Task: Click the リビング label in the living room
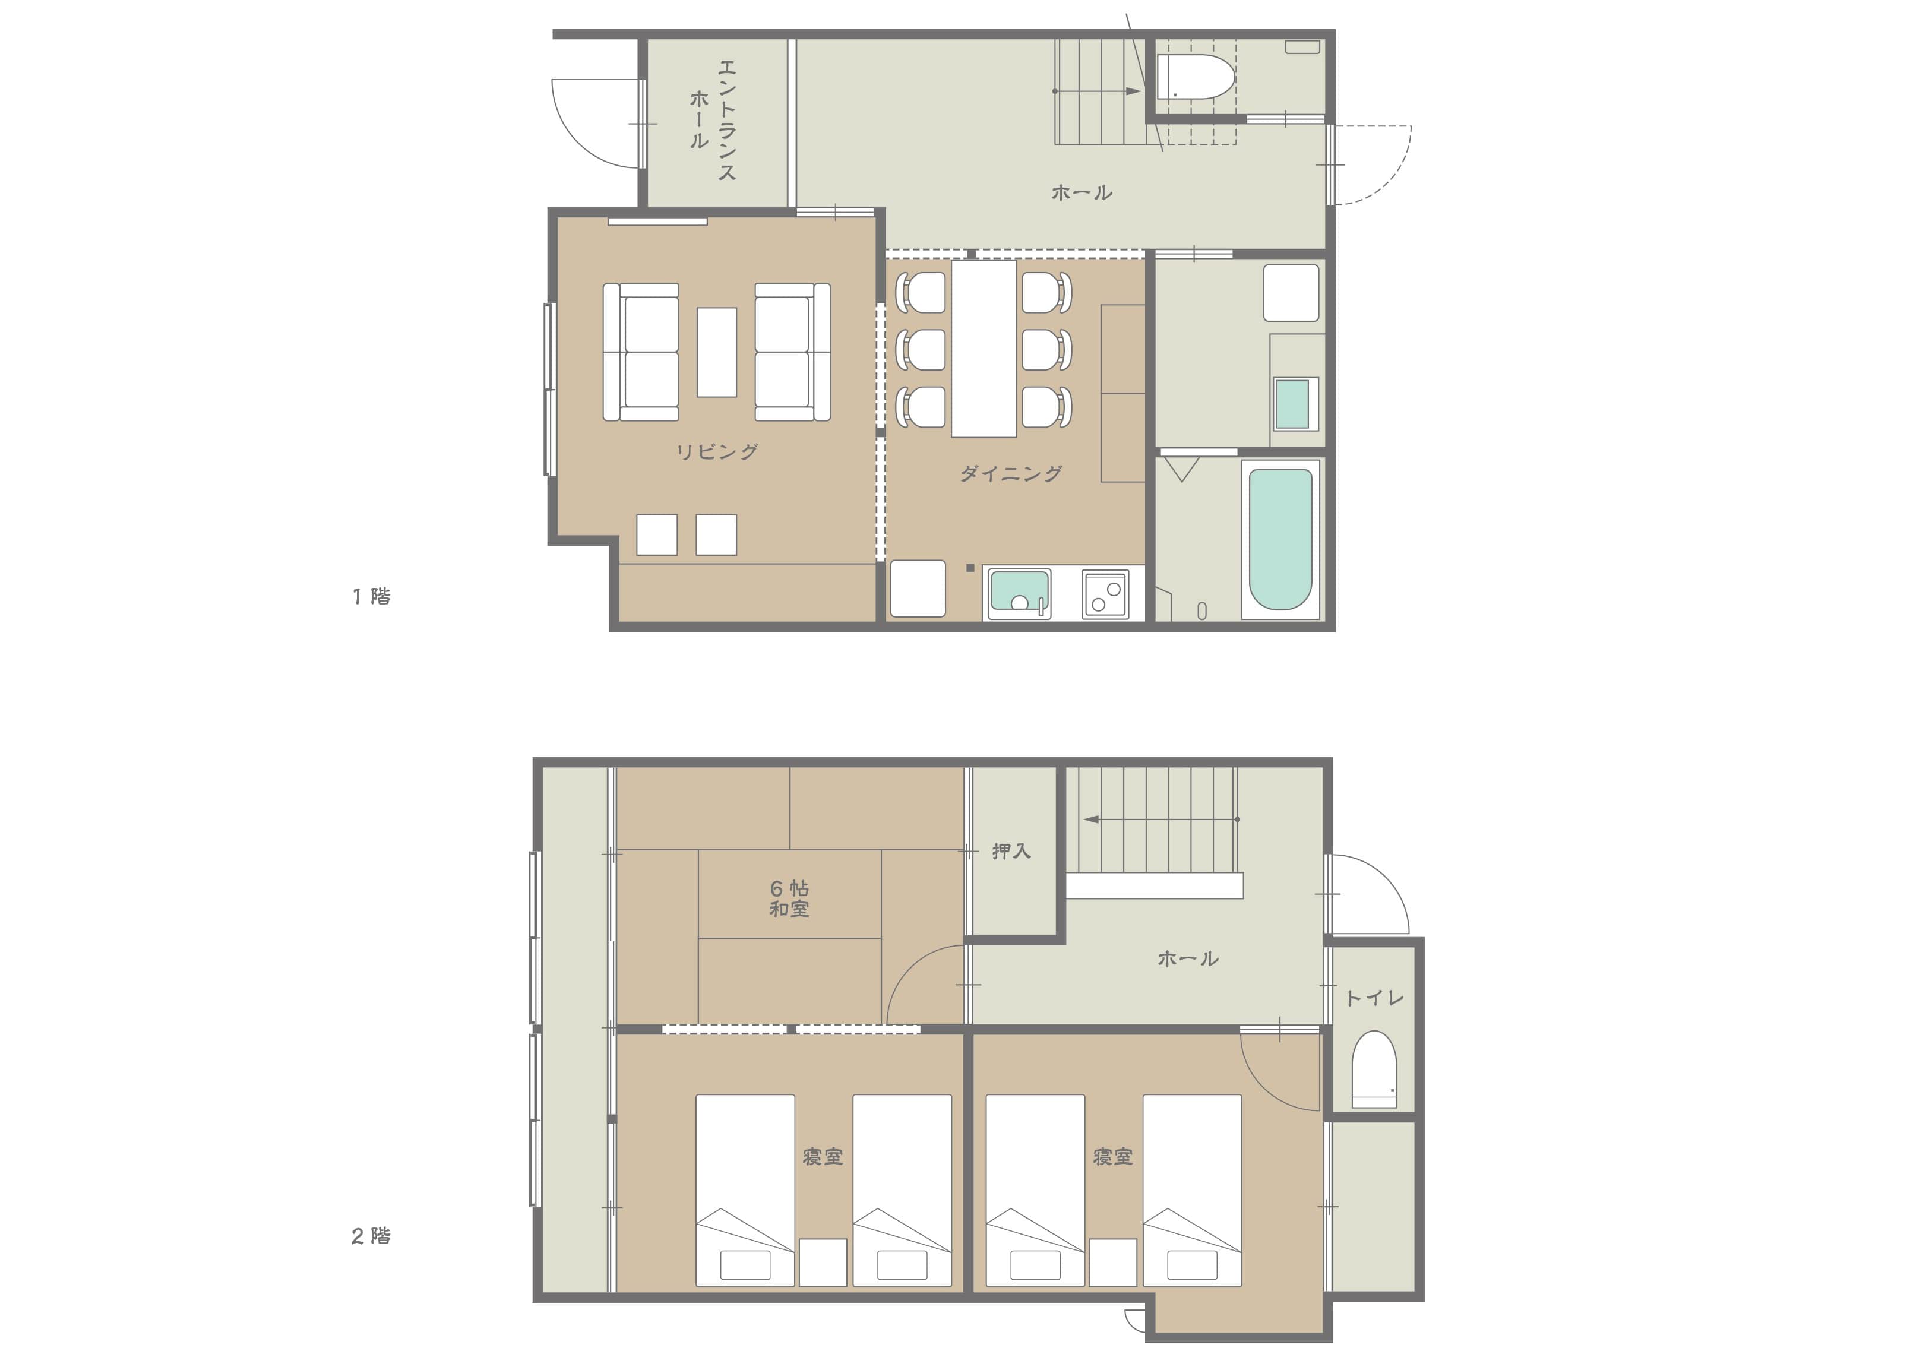pos(716,452)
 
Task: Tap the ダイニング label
pos(1011,473)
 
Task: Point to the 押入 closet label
pos(1011,850)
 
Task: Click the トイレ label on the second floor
pos(1374,998)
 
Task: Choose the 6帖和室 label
pos(789,898)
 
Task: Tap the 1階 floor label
pos(371,596)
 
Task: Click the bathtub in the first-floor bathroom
pos(1280,539)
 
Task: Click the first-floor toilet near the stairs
pos(1196,77)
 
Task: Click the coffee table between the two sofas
pos(716,352)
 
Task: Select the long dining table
pos(984,349)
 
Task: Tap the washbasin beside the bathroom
pos(1292,403)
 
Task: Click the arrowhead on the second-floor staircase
pos(1090,820)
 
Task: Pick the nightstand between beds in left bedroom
pos(823,1262)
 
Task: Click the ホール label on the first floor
pos(1082,193)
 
